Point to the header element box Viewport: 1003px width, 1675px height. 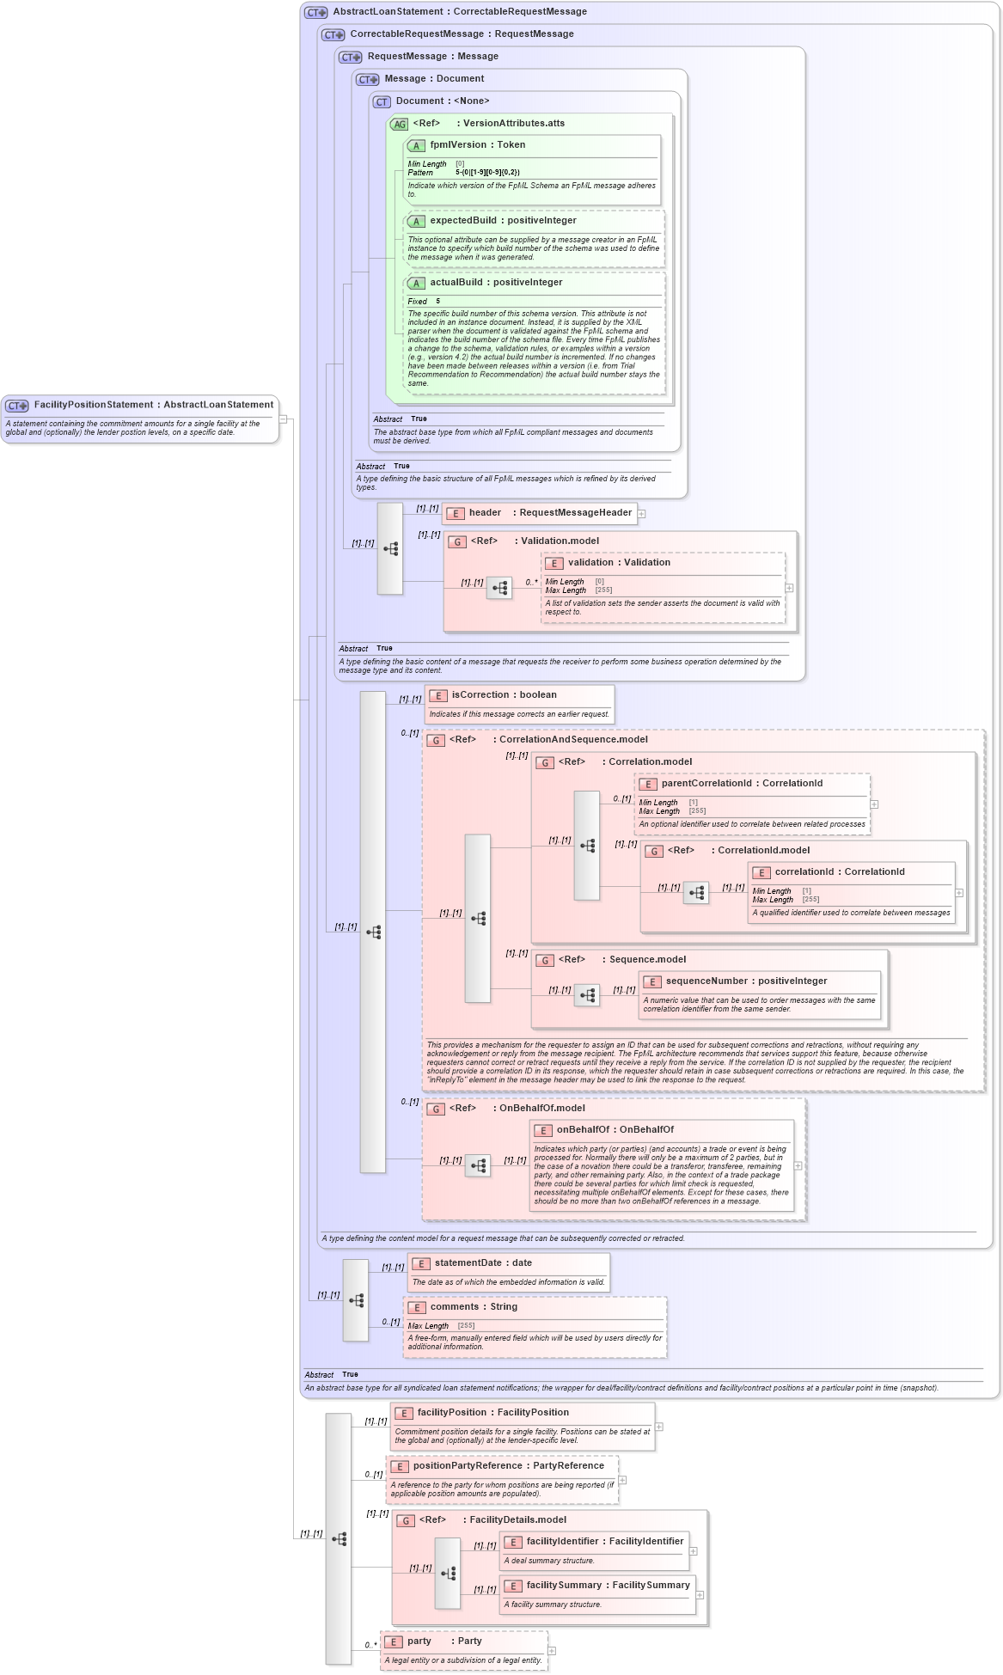pyautogui.click(x=539, y=513)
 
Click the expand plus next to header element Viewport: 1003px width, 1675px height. pyautogui.click(x=641, y=514)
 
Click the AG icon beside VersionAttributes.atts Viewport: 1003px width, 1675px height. pyautogui.click(x=399, y=125)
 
